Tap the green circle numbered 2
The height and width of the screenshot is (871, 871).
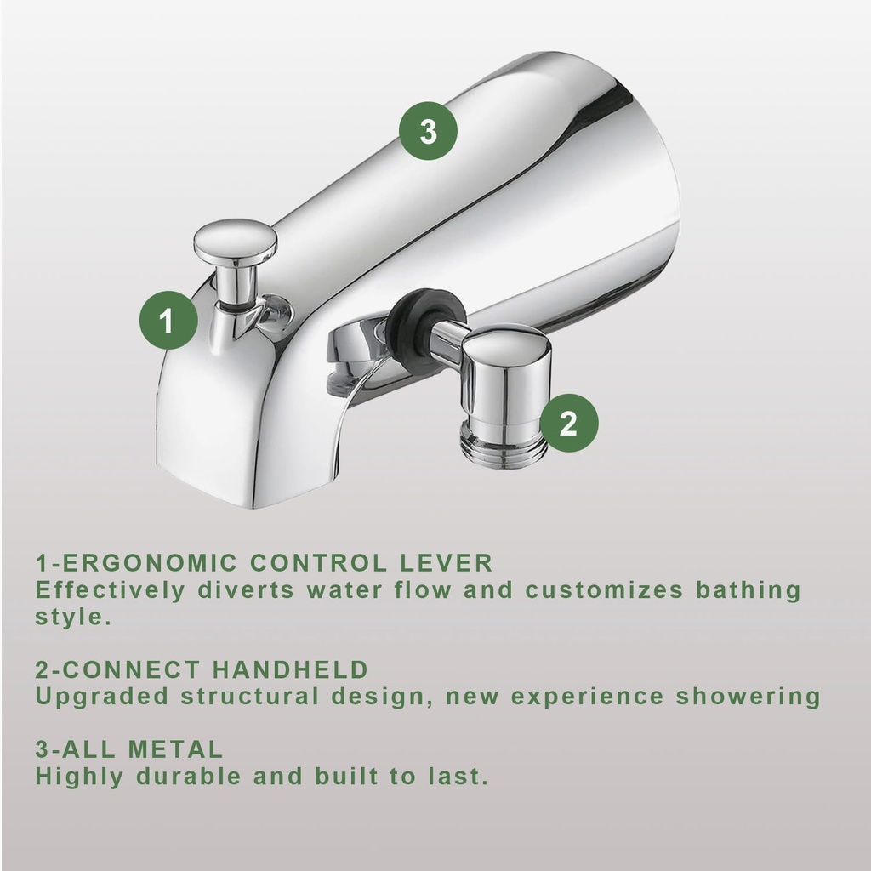click(x=568, y=422)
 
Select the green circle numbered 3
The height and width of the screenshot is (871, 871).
click(x=428, y=132)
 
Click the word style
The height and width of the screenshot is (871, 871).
click(x=73, y=617)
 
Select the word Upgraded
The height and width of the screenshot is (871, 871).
click(x=102, y=697)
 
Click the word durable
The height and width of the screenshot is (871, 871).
click(x=181, y=777)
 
